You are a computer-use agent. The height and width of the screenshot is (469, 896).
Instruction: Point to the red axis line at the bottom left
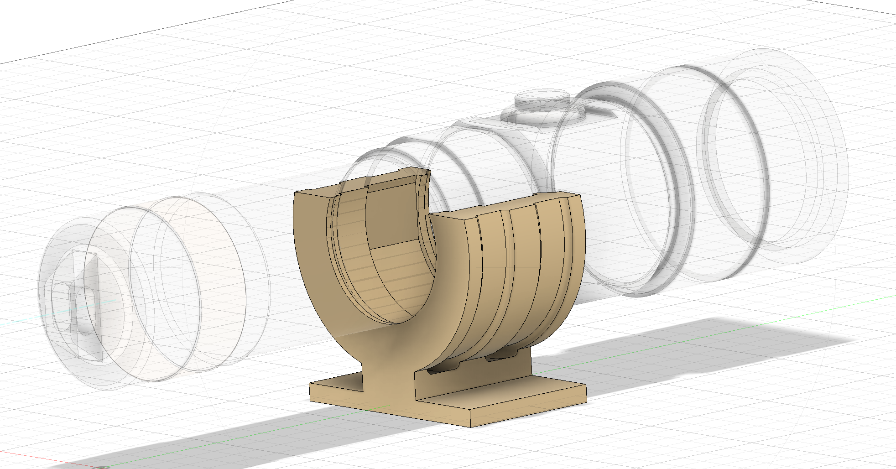pyautogui.click(x=46, y=459)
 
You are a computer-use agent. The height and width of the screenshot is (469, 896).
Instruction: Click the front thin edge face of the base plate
pyautogui.click(x=388, y=408)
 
